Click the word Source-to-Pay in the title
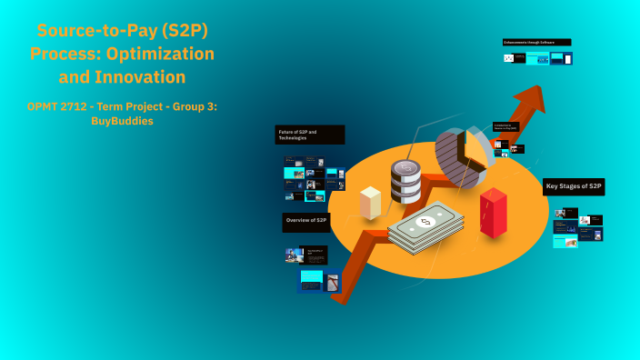click(84, 30)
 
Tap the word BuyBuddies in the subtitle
click(122, 122)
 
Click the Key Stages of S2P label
click(573, 186)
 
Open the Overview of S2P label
click(306, 221)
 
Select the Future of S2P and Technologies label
click(309, 135)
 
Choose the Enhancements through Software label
click(536, 42)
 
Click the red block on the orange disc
click(494, 213)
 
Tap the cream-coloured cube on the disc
click(370, 202)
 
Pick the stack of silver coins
click(405, 182)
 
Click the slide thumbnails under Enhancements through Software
click(537, 58)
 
